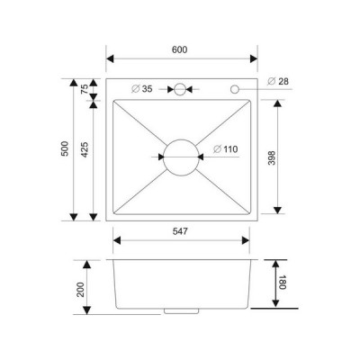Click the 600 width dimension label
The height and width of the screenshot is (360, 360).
(x=180, y=49)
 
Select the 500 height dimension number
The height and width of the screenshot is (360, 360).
(x=65, y=148)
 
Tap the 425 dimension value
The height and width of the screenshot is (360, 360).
(x=85, y=149)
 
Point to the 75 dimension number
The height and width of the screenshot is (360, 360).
(x=85, y=89)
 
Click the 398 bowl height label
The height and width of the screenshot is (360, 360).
(x=272, y=158)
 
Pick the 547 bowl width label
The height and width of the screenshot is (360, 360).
(x=180, y=231)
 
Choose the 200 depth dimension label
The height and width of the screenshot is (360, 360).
(x=80, y=290)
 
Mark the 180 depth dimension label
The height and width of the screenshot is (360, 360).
(x=283, y=282)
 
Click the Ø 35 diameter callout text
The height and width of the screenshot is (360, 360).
(x=142, y=89)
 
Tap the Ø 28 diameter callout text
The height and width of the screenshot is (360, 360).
(x=278, y=81)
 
